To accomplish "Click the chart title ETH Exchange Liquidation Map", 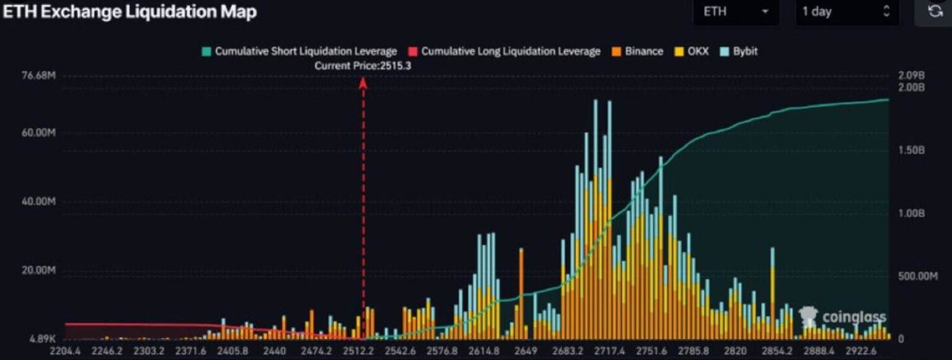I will click(x=130, y=12).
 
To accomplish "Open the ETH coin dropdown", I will click(x=736, y=12).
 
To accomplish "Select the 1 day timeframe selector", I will click(x=847, y=12).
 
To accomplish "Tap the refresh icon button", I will click(x=935, y=11).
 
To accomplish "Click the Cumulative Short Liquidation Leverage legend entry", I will click(x=299, y=51).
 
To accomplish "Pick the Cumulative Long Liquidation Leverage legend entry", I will click(x=505, y=51).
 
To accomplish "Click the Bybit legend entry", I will click(x=739, y=51).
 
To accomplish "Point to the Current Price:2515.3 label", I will click(x=363, y=65).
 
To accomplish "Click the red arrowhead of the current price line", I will click(x=363, y=82).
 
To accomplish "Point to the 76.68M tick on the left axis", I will click(x=39, y=76).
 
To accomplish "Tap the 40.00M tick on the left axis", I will click(x=39, y=202).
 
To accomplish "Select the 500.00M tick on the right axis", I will click(x=917, y=276).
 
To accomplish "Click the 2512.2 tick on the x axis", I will click(x=359, y=351).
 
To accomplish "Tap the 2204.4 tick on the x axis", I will click(x=65, y=351).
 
